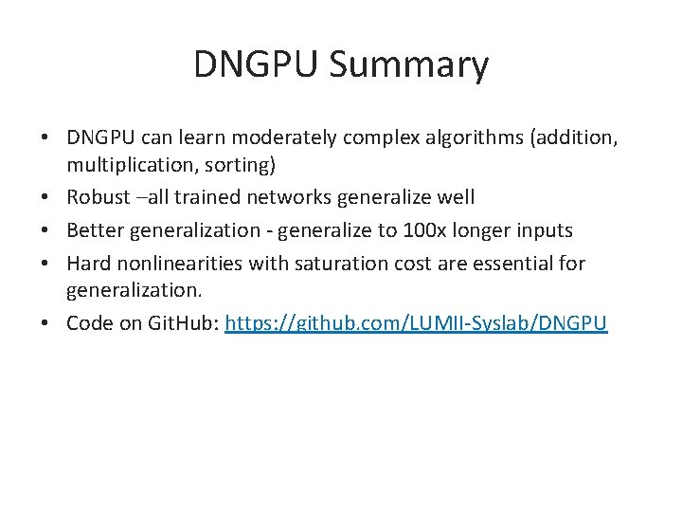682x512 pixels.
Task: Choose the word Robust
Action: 99,197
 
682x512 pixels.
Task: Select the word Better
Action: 95,229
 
